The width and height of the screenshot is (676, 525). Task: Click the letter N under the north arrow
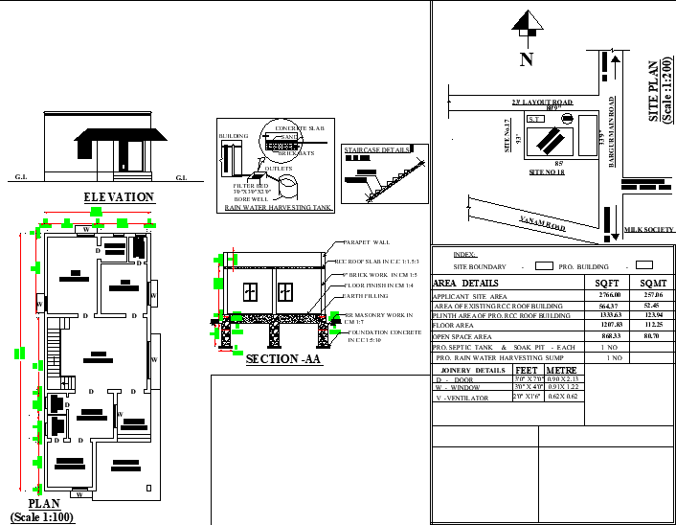pos(526,60)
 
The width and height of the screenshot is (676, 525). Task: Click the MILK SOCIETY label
pos(649,230)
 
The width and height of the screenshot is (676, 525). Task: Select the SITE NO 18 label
pos(547,171)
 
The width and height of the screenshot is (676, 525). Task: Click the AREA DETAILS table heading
pos(466,284)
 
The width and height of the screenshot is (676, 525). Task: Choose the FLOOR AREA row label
pos(455,327)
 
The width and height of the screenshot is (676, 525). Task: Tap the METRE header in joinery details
pos(561,369)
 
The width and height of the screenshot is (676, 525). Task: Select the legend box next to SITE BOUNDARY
pos(544,264)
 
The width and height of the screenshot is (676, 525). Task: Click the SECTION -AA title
pos(284,359)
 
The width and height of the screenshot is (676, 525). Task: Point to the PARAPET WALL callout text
pos(365,243)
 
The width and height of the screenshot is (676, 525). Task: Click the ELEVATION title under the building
pos(119,197)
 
